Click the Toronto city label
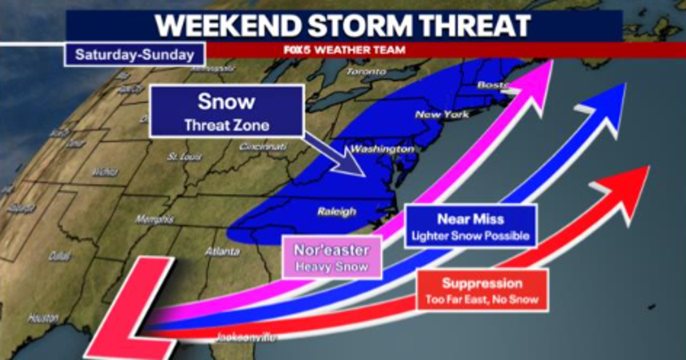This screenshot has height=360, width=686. pyautogui.click(x=366, y=72)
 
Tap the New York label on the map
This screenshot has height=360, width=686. pyautogui.click(x=442, y=114)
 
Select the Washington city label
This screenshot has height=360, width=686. pyautogui.click(x=381, y=150)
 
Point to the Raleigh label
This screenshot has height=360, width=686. pyautogui.click(x=336, y=212)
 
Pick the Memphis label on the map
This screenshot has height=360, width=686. pyautogui.click(x=154, y=219)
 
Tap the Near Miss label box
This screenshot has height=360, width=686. pyautogui.click(x=470, y=226)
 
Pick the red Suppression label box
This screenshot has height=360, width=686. pyautogui.click(x=482, y=290)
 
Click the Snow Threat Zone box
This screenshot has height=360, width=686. pyautogui.click(x=226, y=111)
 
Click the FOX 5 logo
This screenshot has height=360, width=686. pyautogui.click(x=297, y=50)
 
